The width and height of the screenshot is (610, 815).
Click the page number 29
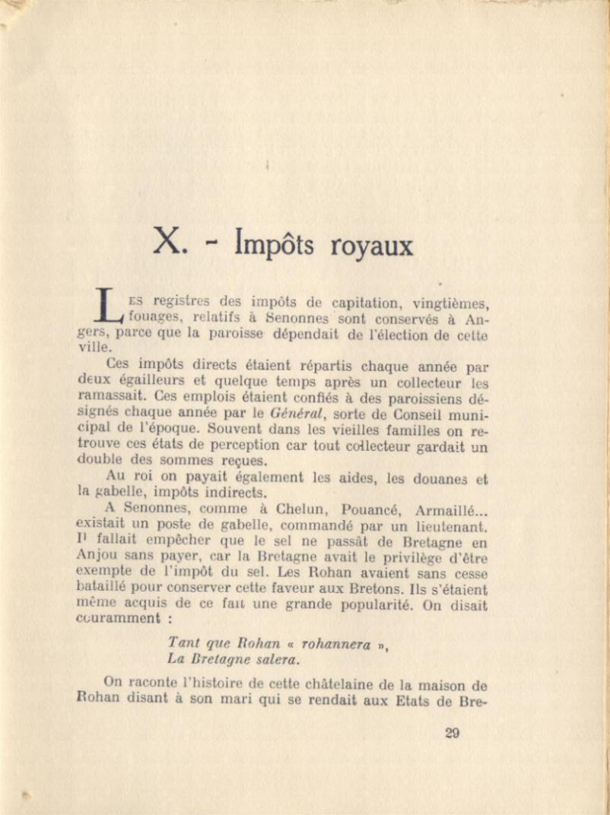452,733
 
